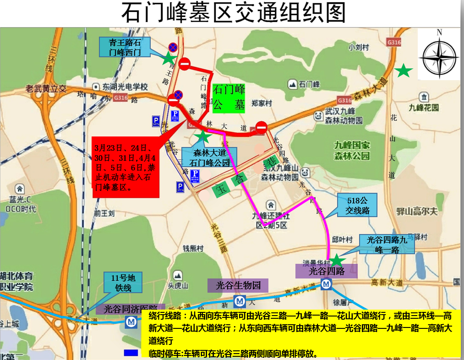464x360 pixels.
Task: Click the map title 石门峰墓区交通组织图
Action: [233, 13]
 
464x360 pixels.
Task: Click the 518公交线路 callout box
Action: [357, 206]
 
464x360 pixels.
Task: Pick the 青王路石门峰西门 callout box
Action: [125, 47]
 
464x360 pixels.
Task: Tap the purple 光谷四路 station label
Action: [326, 271]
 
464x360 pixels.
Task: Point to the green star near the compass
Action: [404, 71]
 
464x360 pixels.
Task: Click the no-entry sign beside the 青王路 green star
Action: [185, 64]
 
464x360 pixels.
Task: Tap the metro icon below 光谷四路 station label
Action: [326, 284]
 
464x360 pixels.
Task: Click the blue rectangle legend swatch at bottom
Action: [131, 353]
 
